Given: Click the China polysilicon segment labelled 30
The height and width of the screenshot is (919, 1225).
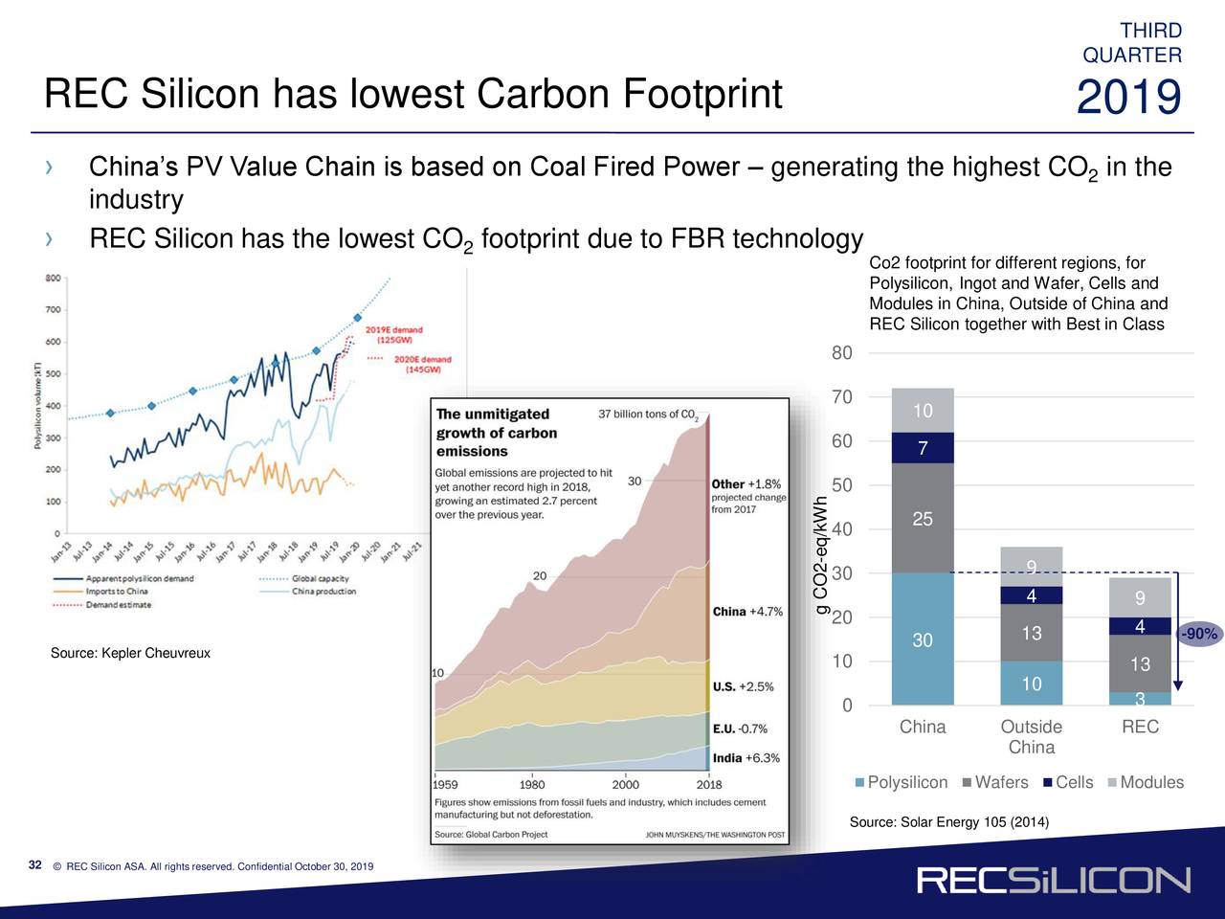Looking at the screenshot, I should [x=922, y=639].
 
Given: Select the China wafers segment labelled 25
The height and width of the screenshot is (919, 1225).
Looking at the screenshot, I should [x=922, y=518].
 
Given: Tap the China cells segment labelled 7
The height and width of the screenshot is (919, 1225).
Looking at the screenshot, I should [x=922, y=448].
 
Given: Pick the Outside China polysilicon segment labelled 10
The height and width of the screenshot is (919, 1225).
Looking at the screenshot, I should [x=1031, y=684].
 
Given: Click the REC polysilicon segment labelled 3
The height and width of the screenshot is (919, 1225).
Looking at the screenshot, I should [x=1140, y=699].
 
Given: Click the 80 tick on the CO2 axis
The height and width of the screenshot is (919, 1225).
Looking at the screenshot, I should [x=841, y=353].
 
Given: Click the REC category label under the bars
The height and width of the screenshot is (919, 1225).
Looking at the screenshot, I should [x=1140, y=728].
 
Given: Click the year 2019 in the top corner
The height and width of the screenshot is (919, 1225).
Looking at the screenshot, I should [x=1128, y=99].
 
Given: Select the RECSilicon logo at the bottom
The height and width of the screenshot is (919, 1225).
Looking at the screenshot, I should [x=1053, y=880].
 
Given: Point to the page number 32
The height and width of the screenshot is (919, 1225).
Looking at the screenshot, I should [x=35, y=866].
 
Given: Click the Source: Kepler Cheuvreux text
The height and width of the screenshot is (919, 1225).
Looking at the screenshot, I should [x=130, y=653].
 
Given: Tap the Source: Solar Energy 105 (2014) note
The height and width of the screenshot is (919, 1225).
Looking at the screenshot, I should [x=948, y=823].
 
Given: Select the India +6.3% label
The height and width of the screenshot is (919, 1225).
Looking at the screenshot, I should [x=746, y=758].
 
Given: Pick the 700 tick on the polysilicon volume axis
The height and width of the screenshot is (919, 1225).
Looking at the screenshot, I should [x=53, y=309].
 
